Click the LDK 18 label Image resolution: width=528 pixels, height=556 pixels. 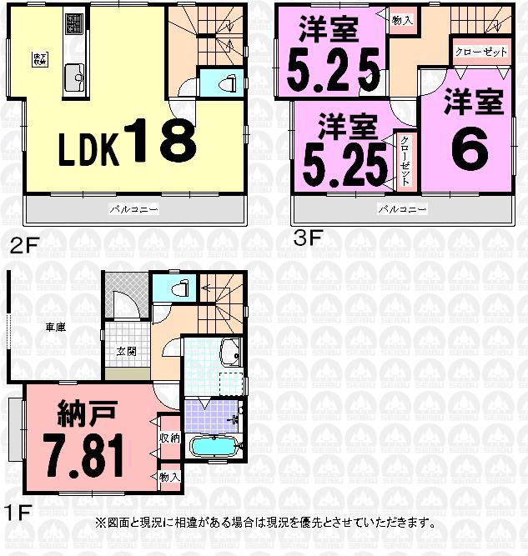pos(127,143)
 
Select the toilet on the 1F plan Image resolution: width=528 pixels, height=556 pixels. pos(177,288)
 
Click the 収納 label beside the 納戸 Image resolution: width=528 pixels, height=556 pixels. pos(168,437)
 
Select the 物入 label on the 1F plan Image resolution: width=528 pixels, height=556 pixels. pos(168,476)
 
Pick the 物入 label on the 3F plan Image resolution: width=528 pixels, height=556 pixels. pos(401,20)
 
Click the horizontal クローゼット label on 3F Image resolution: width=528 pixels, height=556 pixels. pos(481,52)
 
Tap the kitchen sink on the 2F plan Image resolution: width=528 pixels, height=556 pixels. pos(73,78)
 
